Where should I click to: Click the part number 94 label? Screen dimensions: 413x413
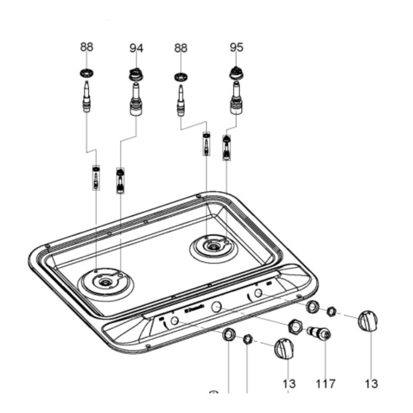click(136, 49)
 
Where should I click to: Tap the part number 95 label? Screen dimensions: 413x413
click(236, 47)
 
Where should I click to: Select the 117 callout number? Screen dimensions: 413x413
click(325, 384)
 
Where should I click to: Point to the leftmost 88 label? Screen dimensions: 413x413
click(87, 47)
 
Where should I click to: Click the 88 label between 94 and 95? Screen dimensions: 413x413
click(181, 47)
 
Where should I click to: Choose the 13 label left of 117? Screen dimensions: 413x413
click(289, 384)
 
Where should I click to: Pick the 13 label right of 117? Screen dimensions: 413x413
click(371, 384)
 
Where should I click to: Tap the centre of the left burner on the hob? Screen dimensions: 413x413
click(105, 282)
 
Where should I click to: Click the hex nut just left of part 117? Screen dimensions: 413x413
click(296, 326)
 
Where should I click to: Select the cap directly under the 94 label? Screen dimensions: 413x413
click(135, 74)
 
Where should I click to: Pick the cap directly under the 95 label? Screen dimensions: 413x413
click(235, 73)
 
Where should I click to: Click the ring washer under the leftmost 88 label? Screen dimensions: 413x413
click(87, 72)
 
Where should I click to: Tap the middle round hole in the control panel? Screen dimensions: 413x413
click(216, 306)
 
